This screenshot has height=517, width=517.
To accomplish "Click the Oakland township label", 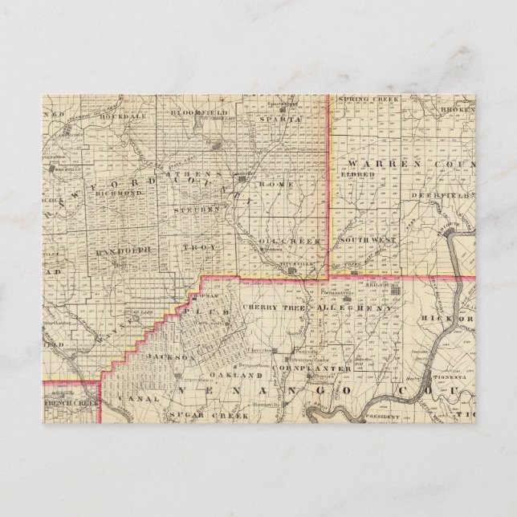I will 234,375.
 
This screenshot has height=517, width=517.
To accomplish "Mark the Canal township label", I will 128,397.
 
